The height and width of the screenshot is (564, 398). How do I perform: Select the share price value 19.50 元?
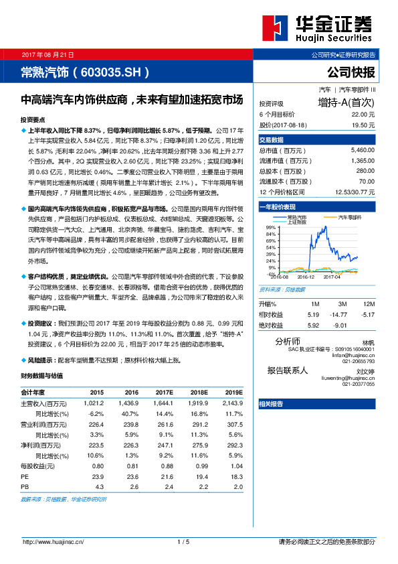point(363,125)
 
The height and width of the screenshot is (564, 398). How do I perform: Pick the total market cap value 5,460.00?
point(361,151)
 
